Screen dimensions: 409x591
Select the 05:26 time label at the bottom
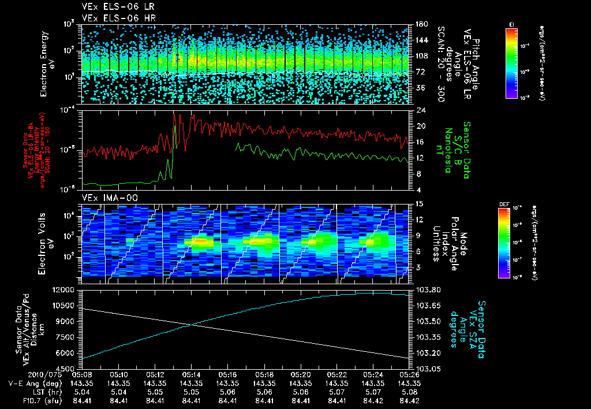pyautogui.click(x=407, y=374)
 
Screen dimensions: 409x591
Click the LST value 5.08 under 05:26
pyautogui.click(x=407, y=391)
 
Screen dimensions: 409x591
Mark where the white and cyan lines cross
pyautogui.click(x=194, y=324)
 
